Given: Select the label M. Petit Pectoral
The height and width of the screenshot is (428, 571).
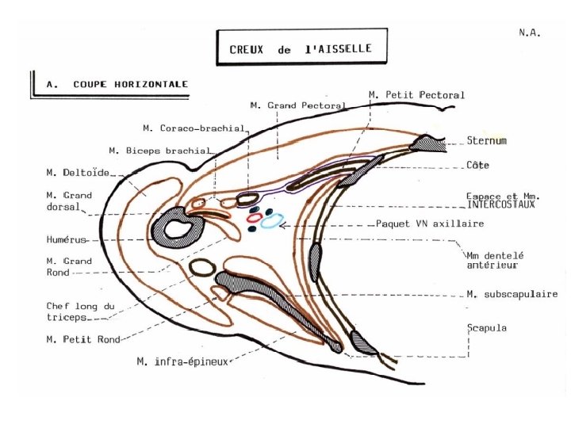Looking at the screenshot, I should click(x=416, y=95).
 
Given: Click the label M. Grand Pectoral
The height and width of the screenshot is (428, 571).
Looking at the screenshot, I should click(x=297, y=105).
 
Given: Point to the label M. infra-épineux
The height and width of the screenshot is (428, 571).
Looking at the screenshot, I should click(x=182, y=362).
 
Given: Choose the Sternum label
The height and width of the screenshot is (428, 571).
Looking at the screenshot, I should click(x=486, y=141).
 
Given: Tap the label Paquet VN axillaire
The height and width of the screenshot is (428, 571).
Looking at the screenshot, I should click(x=429, y=224).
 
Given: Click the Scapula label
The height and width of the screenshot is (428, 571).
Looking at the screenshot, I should click(x=485, y=327).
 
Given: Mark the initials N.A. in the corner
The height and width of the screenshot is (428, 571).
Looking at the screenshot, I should click(x=529, y=33).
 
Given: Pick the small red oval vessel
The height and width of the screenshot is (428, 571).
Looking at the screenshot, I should click(x=255, y=216).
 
